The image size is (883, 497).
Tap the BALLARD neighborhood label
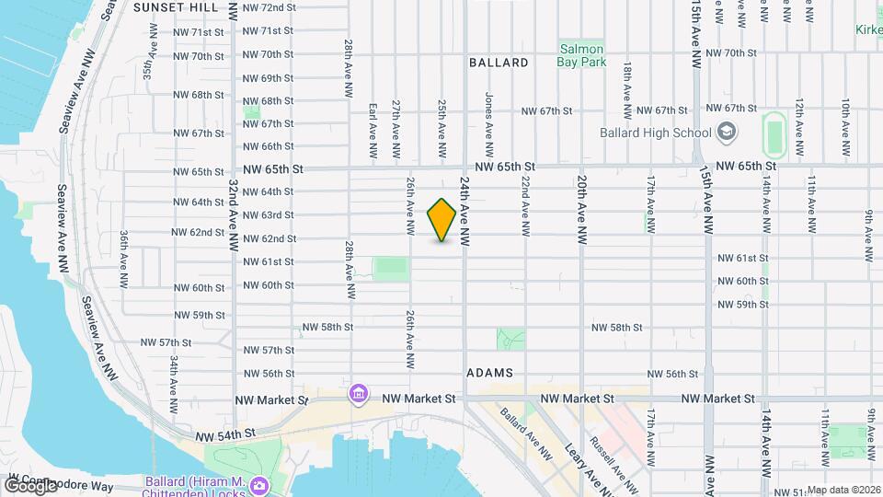[499, 63]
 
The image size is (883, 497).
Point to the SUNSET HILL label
[176, 7]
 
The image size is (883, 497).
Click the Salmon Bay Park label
[580, 55]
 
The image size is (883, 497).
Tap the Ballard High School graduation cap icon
[728, 132]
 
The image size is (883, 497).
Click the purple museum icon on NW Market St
[358, 395]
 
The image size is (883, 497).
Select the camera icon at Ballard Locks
[260, 483]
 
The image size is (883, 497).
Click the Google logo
[30, 486]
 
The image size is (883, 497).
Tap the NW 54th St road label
[224, 433]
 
